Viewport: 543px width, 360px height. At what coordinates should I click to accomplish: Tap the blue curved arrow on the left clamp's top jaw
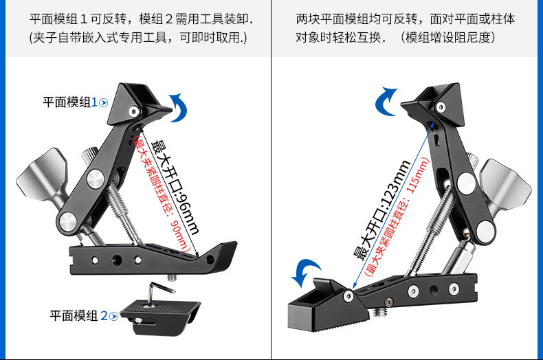point(179,109)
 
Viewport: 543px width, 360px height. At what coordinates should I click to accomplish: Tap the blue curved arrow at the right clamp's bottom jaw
point(306,273)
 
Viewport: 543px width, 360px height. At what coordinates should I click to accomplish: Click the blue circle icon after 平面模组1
point(104,102)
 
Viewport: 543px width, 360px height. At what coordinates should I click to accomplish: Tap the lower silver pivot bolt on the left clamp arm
point(69,221)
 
